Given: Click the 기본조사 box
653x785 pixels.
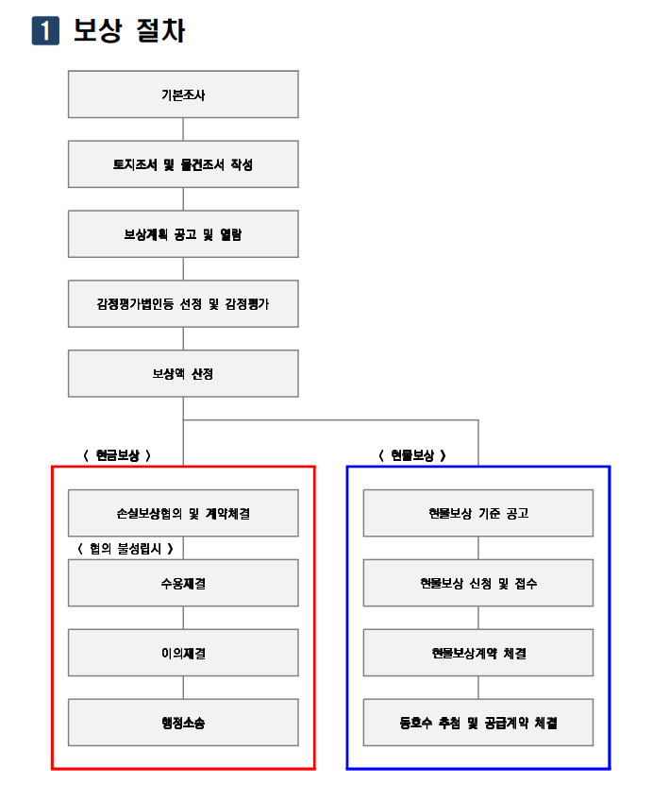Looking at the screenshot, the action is coord(183,94).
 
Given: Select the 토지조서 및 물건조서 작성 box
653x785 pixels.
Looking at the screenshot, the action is coord(183,164).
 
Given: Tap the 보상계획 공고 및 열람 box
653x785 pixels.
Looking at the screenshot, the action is coord(183,233).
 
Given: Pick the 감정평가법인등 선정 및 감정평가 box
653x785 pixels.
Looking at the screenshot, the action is coord(183,303).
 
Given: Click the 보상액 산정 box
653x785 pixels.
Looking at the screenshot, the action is coord(183,373).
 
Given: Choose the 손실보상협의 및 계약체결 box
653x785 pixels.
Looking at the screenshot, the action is coord(183,513).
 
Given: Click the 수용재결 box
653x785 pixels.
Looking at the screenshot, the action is coord(183,583).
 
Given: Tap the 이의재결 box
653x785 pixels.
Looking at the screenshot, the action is coord(183,653).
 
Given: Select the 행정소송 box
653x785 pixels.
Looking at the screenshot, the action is coord(183,723).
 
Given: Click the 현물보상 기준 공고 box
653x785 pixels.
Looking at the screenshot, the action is coord(478,513).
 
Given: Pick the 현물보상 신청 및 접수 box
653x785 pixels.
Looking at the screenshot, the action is coord(478,583).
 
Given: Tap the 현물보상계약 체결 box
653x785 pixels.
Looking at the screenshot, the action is coord(478,653).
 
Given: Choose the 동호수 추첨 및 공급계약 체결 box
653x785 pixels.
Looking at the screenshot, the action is coord(478,723).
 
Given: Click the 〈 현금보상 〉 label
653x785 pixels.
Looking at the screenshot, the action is coord(117,455).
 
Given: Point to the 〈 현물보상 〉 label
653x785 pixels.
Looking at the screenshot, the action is coord(412,455).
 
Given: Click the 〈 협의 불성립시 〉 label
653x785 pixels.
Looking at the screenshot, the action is coord(126,549).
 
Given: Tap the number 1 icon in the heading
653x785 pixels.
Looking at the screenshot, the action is coord(45,30).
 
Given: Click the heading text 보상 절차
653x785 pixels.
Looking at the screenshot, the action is coord(129,30).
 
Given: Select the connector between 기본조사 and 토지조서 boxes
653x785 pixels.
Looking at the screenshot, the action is coord(183,129).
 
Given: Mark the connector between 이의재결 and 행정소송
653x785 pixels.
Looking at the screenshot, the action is coord(183,688).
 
